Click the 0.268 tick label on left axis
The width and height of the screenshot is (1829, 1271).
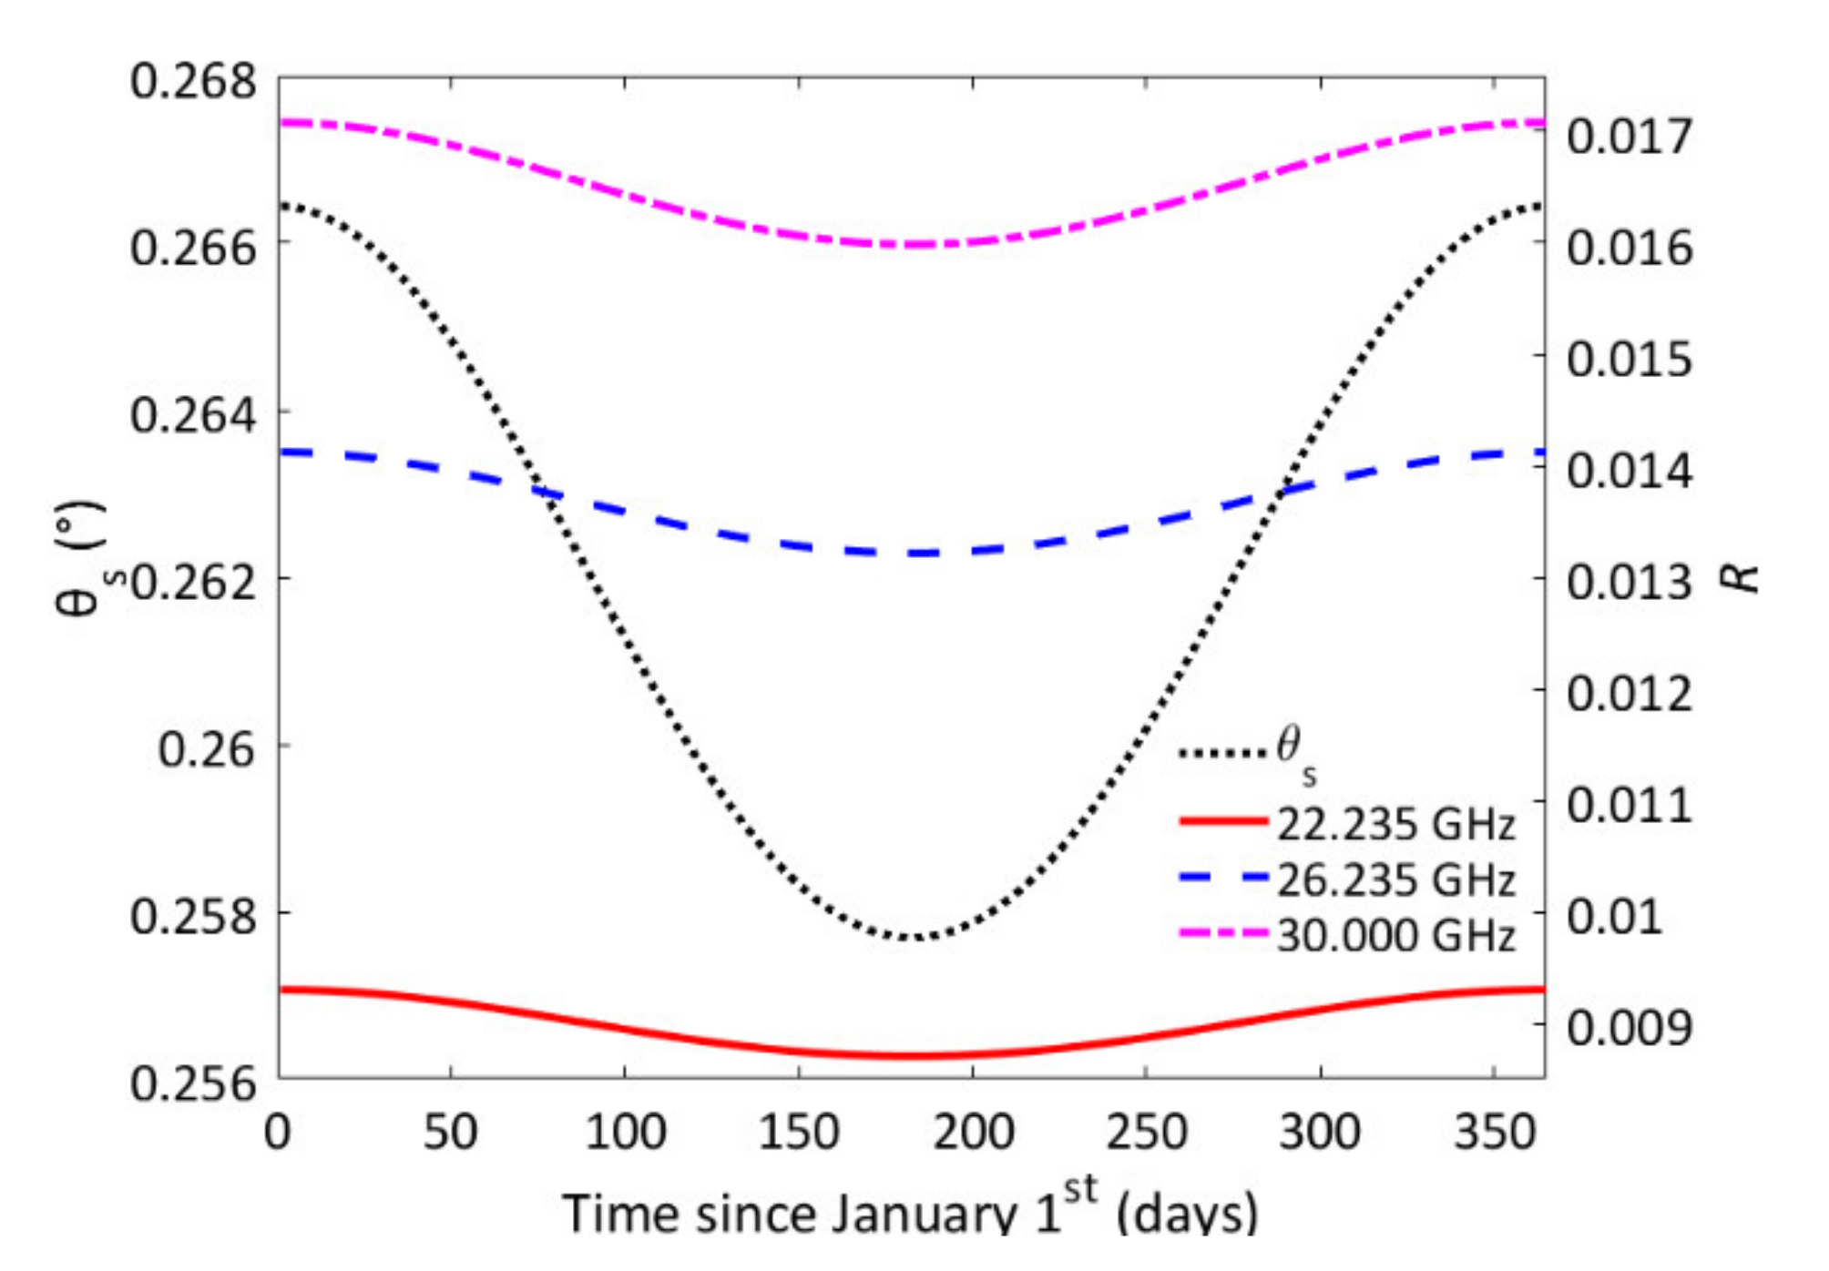[193, 82]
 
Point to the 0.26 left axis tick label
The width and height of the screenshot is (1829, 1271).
[207, 749]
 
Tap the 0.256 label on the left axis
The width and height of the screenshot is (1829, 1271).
[193, 1083]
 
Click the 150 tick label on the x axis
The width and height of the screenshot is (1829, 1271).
[799, 1133]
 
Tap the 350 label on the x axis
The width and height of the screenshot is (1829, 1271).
[1495, 1133]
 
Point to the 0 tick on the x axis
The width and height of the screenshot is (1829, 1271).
[278, 1133]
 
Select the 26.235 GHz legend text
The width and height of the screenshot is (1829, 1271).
[1395, 880]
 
